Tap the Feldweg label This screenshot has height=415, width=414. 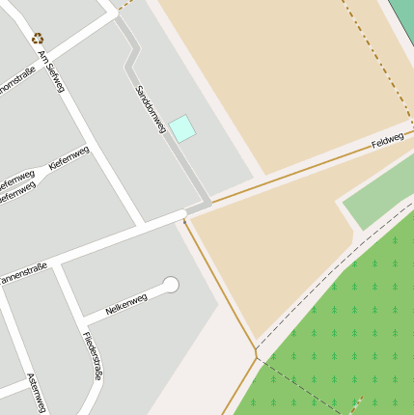(x=387, y=144)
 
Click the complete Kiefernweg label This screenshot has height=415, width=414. (x=69, y=158)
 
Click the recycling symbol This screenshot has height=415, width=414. (x=38, y=39)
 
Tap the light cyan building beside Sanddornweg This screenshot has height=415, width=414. (x=182, y=127)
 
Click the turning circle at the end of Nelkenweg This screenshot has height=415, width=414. (x=172, y=285)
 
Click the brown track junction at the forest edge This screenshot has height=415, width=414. (x=257, y=356)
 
